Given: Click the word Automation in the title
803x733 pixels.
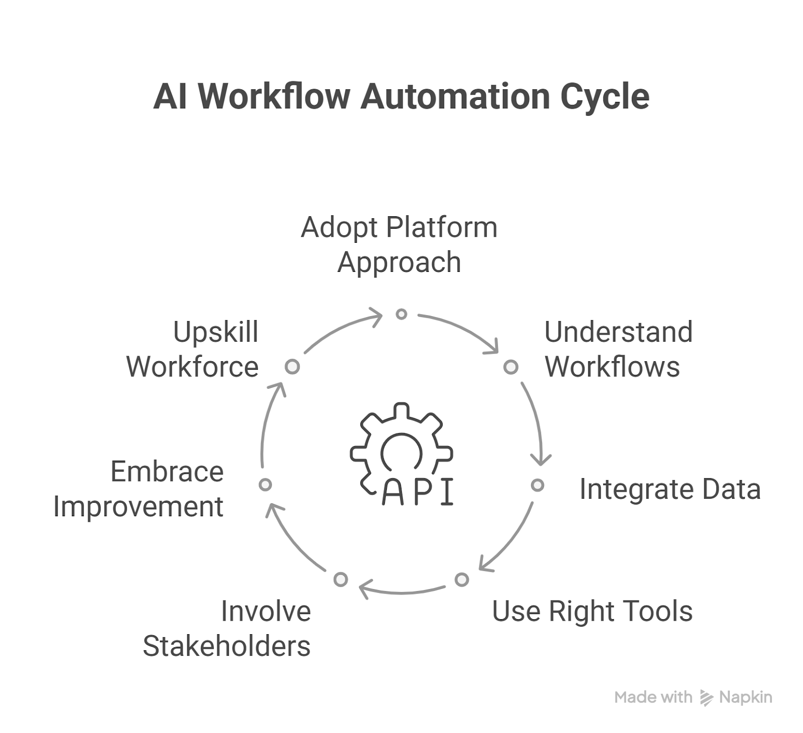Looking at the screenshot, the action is click(455, 96).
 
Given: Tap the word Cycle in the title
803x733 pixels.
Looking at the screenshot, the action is click(605, 97).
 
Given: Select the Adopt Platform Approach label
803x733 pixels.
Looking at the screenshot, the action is click(399, 245).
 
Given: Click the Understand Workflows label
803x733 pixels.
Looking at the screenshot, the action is click(618, 349).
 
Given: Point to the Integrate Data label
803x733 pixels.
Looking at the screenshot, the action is click(670, 489).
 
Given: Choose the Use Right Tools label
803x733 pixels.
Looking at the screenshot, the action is click(592, 611).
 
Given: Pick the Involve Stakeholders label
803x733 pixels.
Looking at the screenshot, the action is click(227, 628).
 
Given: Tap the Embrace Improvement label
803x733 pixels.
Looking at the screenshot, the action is click(139, 489).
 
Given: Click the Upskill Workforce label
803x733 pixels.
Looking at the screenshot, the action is click(192, 349).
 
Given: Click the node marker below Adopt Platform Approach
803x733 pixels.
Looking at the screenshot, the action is click(401, 314).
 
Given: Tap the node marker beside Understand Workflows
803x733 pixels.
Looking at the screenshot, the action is click(511, 367).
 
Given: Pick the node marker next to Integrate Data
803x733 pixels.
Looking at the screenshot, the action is click(538, 485).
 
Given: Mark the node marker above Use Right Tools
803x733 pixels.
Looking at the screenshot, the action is click(462, 579).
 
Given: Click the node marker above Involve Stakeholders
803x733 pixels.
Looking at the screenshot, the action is click(341, 579).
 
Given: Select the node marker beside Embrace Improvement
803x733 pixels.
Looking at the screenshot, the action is click(265, 485).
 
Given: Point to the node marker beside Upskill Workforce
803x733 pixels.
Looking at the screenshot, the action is click(292, 366).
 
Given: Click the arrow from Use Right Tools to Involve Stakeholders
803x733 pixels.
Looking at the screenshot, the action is click(401, 593).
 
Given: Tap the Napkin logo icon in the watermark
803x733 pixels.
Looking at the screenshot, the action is click(707, 698).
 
